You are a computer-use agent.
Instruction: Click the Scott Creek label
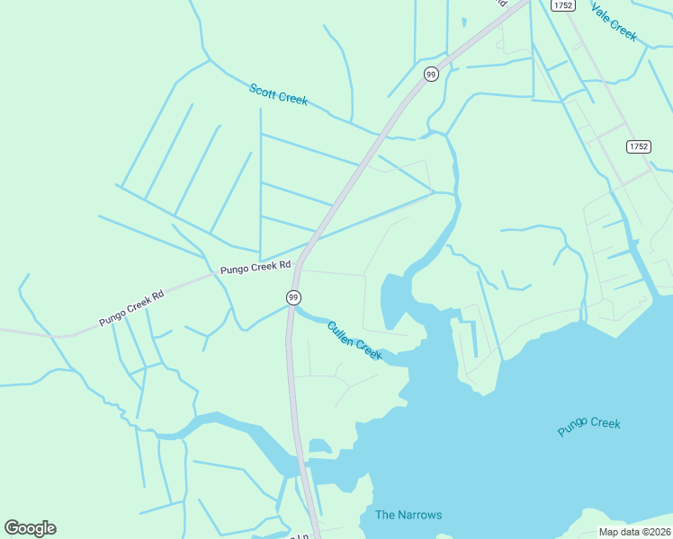point(278,93)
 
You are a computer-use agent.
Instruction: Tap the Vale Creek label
point(614,21)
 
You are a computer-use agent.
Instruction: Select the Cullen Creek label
point(354,341)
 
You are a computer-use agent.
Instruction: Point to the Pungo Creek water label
point(588,427)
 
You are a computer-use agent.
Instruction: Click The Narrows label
point(408,515)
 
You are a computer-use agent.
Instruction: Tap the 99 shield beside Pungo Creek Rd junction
point(293,297)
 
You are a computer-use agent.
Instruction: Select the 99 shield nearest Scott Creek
point(431,74)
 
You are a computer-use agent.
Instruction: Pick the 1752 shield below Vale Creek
point(638,146)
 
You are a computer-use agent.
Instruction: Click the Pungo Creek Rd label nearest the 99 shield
point(256,266)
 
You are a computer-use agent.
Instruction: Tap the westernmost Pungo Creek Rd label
point(132,308)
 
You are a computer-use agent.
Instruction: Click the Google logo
point(30,528)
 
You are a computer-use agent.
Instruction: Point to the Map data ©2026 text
point(634,532)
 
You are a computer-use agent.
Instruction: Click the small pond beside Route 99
point(319,446)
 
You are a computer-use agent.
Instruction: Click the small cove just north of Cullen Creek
point(394,298)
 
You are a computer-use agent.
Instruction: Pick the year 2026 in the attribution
point(657,532)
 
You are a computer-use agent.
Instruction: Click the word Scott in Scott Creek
point(265,89)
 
